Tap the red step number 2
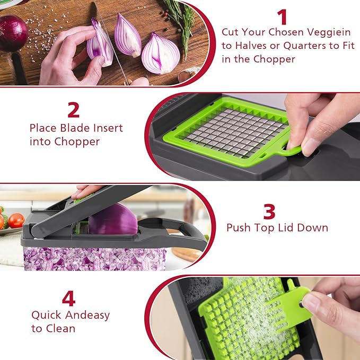[x=74, y=109]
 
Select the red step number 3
[x=269, y=211]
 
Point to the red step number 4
[x=68, y=298]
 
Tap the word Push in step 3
[x=238, y=228]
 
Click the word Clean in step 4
[x=61, y=328]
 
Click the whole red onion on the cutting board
[x=12, y=33]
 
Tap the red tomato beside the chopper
[x=16, y=219]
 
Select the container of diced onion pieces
[x=95, y=259]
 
